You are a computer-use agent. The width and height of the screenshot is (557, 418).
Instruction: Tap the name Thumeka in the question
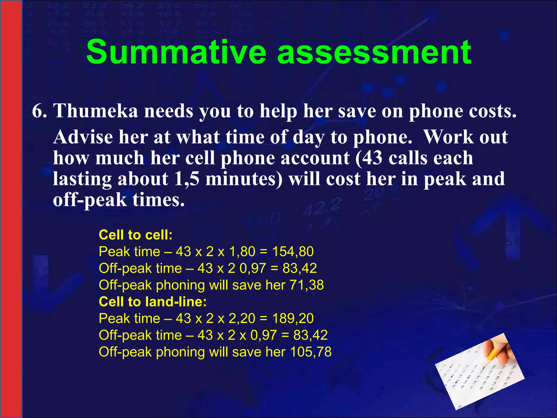[96, 111]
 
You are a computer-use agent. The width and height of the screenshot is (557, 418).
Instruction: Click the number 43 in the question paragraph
[372, 158]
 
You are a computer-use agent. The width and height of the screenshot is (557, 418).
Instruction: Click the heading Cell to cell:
[135, 235]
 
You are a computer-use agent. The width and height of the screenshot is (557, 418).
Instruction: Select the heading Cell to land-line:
[153, 302]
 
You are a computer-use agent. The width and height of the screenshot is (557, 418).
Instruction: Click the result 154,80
[293, 251]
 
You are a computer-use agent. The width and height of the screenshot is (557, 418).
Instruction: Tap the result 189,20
[293, 318]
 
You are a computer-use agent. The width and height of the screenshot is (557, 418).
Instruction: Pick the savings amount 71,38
[307, 285]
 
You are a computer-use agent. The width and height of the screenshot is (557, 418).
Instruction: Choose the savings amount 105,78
[311, 352]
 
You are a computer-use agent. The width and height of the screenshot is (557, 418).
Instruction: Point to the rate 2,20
[242, 318]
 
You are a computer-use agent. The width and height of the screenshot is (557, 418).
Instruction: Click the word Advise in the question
[83, 137]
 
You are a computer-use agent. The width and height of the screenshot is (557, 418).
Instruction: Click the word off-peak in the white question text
[89, 200]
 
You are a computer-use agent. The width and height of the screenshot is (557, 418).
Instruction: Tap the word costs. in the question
[490, 111]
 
